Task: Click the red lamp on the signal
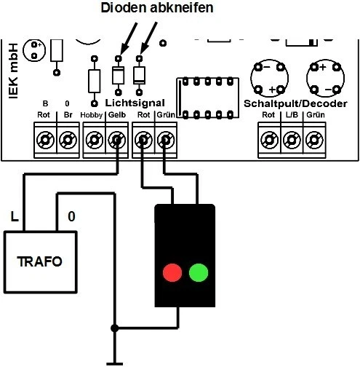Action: pos(172,274)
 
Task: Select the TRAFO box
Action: pos(41,260)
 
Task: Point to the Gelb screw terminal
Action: pos(116,138)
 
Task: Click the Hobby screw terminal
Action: pos(94,138)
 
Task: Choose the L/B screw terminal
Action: pos(292,138)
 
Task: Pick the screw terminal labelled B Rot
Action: pos(46,138)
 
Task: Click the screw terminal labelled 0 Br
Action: pos(68,138)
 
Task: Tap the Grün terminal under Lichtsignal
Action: pos(167,138)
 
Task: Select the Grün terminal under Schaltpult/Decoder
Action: pos(314,138)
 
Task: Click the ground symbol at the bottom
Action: pos(113,361)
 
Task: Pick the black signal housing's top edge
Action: pos(185,206)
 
